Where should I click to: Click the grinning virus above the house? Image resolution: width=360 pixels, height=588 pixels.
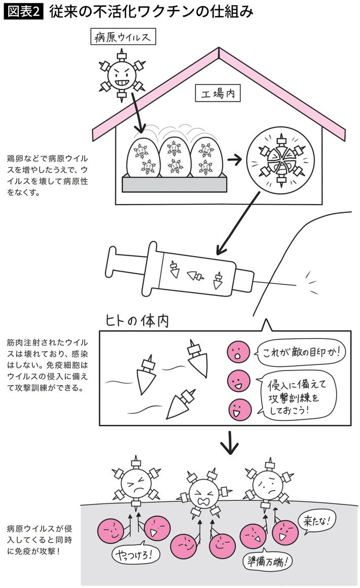pos(121,76)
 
